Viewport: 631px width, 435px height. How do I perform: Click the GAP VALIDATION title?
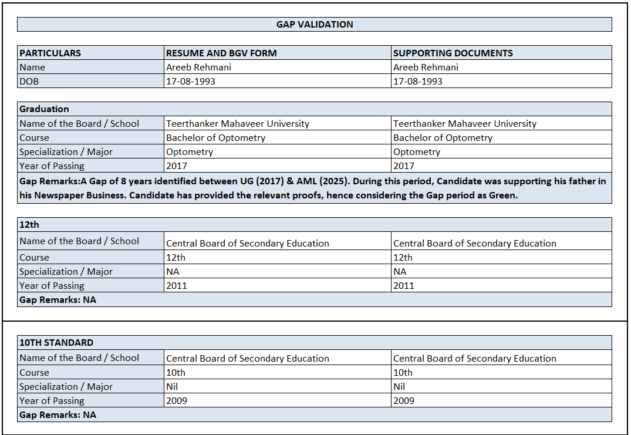click(315, 25)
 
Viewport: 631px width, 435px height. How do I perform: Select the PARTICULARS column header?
click(50, 53)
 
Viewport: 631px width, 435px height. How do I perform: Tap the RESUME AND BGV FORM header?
click(221, 53)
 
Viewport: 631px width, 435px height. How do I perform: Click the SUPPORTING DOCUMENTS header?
click(453, 53)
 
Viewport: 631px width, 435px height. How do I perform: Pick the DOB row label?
click(29, 82)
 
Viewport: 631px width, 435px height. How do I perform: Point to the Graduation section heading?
click(44, 109)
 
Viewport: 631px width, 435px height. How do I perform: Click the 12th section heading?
click(29, 225)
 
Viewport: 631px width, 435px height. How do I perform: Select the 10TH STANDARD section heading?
click(56, 342)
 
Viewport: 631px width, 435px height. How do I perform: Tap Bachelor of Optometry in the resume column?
click(215, 138)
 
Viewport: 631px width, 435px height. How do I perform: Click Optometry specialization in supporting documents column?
click(416, 152)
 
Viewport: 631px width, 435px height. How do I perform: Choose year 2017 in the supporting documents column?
click(404, 166)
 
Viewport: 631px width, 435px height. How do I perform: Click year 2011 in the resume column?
click(177, 286)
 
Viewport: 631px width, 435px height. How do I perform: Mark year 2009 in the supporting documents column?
click(404, 401)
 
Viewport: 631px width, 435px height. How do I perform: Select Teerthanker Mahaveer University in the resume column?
click(238, 124)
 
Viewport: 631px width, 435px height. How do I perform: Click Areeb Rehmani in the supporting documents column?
click(426, 68)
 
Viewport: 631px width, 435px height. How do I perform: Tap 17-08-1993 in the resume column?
click(191, 82)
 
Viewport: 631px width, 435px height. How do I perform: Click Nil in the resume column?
click(172, 387)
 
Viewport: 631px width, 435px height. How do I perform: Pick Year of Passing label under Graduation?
click(52, 166)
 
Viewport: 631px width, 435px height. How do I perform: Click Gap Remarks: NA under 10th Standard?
click(58, 415)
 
